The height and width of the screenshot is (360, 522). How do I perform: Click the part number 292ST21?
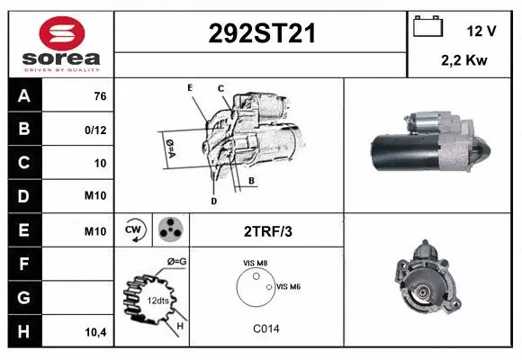tap(261, 34)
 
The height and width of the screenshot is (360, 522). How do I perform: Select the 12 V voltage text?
tap(481, 31)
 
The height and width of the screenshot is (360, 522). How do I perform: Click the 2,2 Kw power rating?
tap(463, 61)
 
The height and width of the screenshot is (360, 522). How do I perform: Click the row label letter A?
tap(24, 96)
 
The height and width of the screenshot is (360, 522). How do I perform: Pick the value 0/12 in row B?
tap(95, 130)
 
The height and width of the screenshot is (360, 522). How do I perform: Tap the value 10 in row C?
tap(99, 164)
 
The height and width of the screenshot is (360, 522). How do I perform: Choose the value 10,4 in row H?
tap(95, 332)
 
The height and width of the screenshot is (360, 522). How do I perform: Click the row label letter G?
tap(24, 298)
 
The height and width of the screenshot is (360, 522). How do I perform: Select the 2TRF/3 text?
tap(268, 231)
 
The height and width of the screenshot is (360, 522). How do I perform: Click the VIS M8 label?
tap(256, 263)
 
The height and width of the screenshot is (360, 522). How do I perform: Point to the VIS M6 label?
tap(289, 286)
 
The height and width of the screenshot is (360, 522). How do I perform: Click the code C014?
tap(266, 329)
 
